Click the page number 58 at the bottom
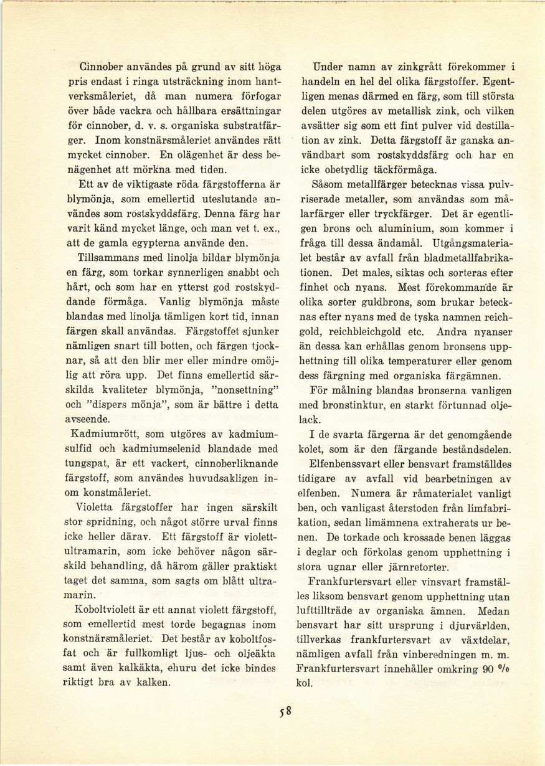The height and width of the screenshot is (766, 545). [x=285, y=711]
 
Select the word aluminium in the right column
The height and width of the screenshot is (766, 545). [x=424, y=228]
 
